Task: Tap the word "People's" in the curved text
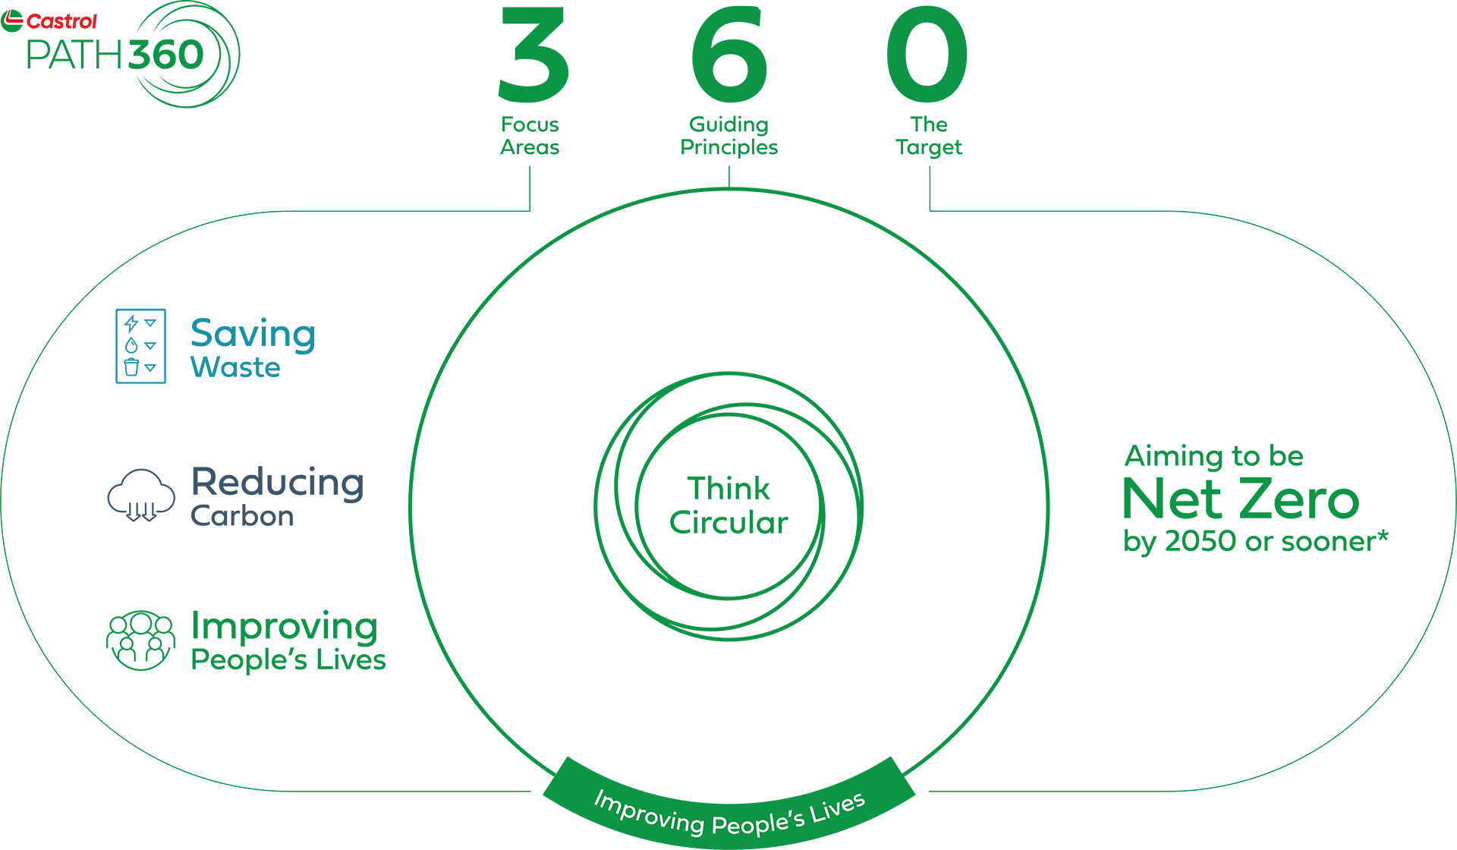(758, 823)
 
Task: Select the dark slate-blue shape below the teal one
(220, 493)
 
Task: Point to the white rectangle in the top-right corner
(1423, 114)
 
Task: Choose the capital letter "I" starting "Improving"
(599, 798)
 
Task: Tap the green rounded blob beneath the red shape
(152, 76)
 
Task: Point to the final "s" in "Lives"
(859, 800)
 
